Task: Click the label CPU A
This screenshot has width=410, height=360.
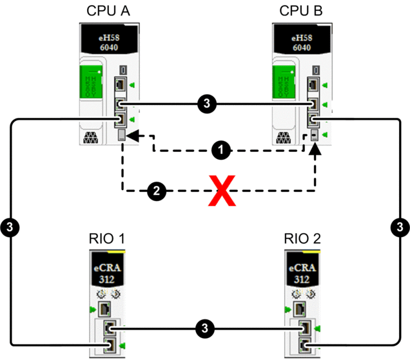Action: tap(106, 12)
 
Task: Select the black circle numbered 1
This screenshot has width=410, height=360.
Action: tap(221, 151)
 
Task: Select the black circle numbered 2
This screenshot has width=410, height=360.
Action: tap(155, 191)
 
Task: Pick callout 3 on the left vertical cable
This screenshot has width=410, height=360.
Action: tap(10, 226)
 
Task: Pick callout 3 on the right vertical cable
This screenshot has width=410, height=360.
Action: tap(400, 226)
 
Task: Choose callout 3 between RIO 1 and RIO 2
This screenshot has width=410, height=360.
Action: tap(204, 328)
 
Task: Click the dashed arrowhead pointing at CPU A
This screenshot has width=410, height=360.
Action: tap(132, 136)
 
